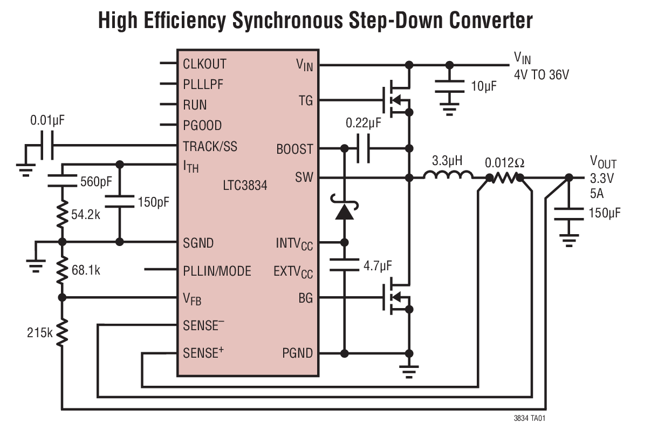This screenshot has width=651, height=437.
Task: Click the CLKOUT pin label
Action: pyautogui.click(x=204, y=64)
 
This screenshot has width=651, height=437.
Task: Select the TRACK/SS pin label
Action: pyautogui.click(x=210, y=146)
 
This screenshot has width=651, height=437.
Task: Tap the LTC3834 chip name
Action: pyautogui.click(x=245, y=186)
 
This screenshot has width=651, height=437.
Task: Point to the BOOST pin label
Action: pyautogui.click(x=294, y=149)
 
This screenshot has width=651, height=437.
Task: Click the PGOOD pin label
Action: pyautogui.click(x=202, y=125)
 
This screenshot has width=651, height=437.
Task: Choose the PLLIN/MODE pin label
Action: pyautogui.click(x=217, y=270)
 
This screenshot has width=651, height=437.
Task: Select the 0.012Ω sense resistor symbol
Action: pyautogui.click(x=505, y=177)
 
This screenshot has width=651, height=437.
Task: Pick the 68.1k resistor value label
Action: pyautogui.click(x=86, y=270)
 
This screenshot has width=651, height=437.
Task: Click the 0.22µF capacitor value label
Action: pyautogui.click(x=363, y=123)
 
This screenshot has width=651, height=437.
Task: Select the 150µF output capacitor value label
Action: pyautogui.click(x=605, y=213)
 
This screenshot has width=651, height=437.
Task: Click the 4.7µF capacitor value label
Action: pyautogui.click(x=378, y=265)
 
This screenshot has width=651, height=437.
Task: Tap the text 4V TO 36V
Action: pyautogui.click(x=541, y=75)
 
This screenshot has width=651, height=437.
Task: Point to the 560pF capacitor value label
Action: pyautogui.click(x=95, y=181)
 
